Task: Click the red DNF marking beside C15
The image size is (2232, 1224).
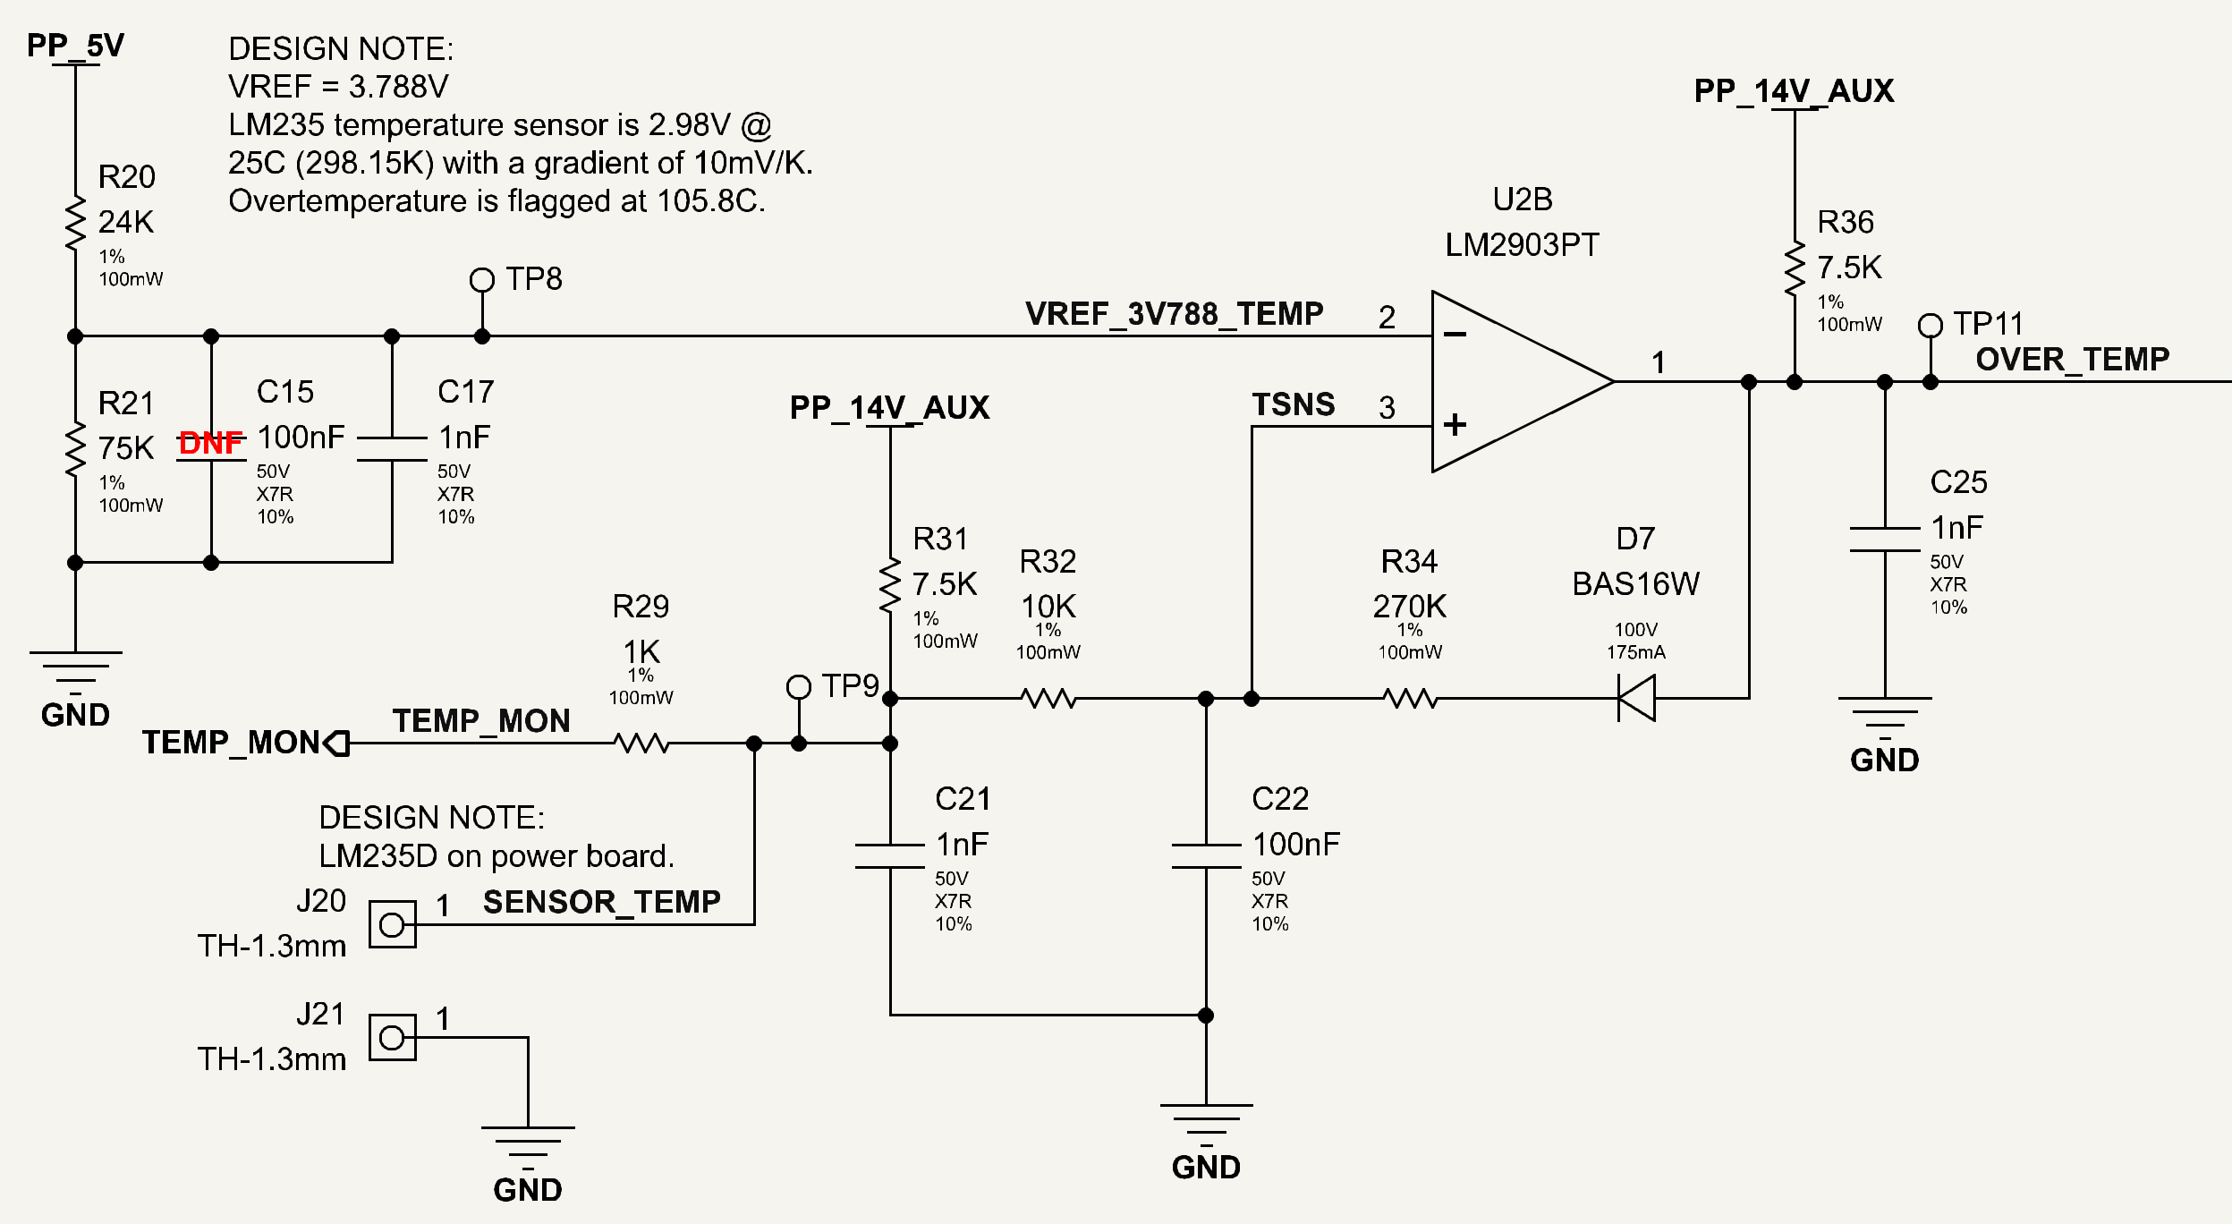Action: (x=211, y=442)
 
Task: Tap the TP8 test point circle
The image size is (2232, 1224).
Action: (x=482, y=280)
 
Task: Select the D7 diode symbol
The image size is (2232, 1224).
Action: (x=1636, y=698)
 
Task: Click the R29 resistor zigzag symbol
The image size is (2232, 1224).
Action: (x=642, y=743)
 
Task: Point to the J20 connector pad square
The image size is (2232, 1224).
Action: (x=393, y=924)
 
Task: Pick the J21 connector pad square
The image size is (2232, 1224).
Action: (x=393, y=1038)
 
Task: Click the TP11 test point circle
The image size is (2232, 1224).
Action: (x=1931, y=326)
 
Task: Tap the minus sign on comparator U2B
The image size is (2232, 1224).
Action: (x=1455, y=335)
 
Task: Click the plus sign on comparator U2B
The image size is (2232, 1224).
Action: (x=1455, y=424)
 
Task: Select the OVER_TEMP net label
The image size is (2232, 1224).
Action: (x=2072, y=360)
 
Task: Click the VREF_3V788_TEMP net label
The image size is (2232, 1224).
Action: (x=1174, y=314)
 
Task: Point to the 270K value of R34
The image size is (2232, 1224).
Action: (x=1410, y=607)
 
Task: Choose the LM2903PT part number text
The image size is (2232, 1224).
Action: (x=1523, y=245)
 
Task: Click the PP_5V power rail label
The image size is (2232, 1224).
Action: (x=75, y=46)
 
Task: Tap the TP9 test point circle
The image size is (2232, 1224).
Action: (x=799, y=687)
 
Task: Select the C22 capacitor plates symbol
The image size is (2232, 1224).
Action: (x=1206, y=856)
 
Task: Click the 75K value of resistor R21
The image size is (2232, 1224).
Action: (x=126, y=448)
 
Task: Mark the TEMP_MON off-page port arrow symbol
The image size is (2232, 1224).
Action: (x=336, y=743)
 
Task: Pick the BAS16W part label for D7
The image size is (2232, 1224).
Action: (x=1636, y=584)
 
